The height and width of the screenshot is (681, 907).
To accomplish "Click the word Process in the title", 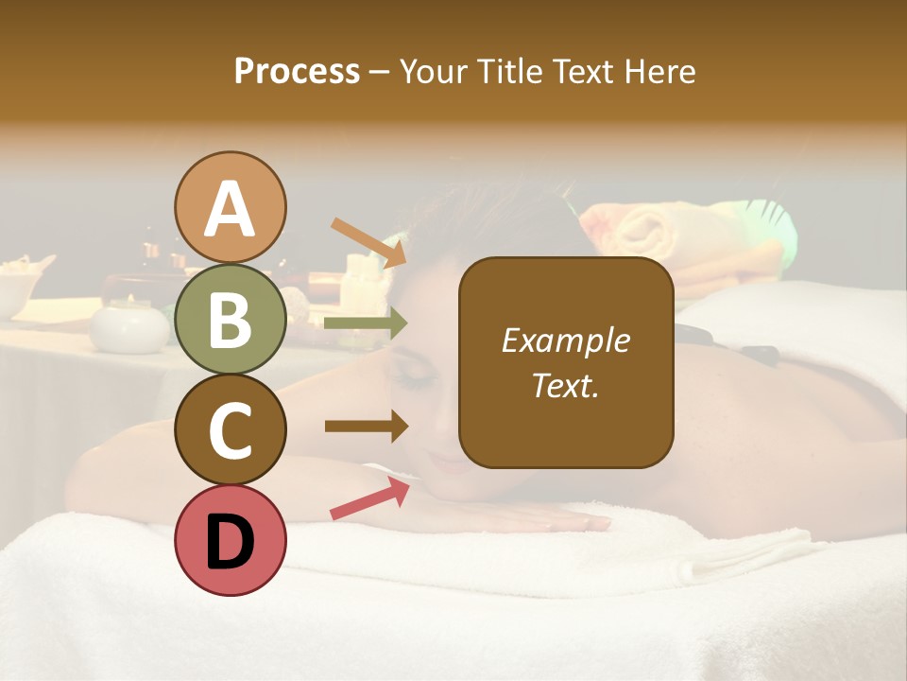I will click(x=297, y=72).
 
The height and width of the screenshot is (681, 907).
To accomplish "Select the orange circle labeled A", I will click(x=231, y=207).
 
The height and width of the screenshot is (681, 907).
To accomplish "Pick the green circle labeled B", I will click(x=231, y=319).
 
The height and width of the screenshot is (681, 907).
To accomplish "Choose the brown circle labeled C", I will click(x=231, y=428).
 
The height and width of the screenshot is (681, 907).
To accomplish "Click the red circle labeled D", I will click(x=231, y=540).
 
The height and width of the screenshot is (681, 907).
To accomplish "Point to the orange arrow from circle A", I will click(x=368, y=241).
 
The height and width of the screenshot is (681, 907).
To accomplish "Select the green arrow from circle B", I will click(x=366, y=323).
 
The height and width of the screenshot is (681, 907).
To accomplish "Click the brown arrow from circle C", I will click(x=366, y=427).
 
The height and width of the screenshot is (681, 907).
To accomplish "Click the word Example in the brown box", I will click(x=565, y=340).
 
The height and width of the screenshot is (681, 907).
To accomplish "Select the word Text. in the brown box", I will click(x=565, y=386).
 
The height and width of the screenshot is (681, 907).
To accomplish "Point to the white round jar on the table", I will click(x=129, y=326).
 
